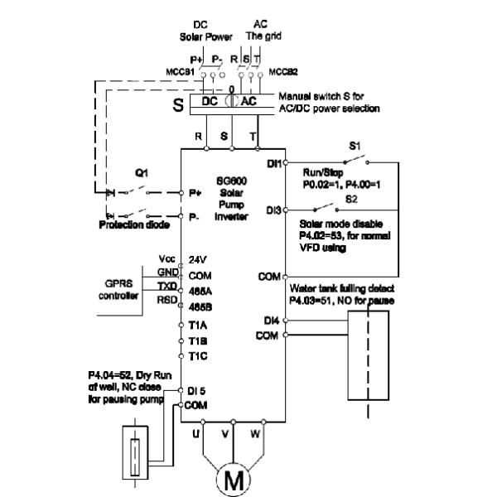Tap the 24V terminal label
pyautogui.click(x=197, y=258)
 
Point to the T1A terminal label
pyautogui.click(x=197, y=325)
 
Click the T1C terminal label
pyautogui.click(x=197, y=355)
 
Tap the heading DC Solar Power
pyautogui.click(x=198, y=31)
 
